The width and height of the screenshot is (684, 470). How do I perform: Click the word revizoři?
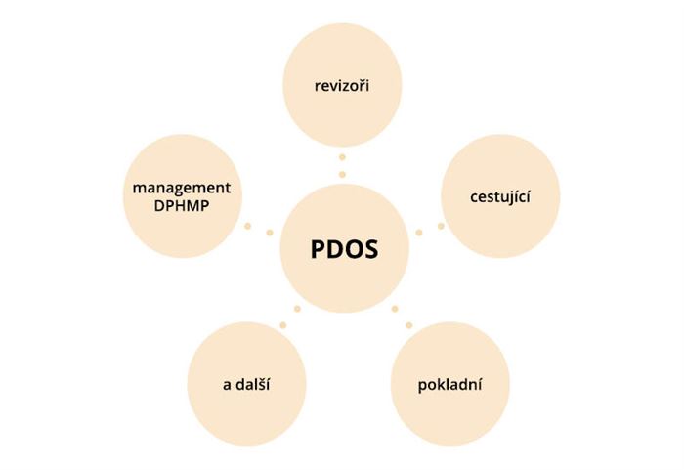pyautogui.click(x=342, y=86)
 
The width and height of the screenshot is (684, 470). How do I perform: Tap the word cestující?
pyautogui.click(x=500, y=196)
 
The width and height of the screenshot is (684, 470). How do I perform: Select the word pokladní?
pyautogui.click(x=449, y=385)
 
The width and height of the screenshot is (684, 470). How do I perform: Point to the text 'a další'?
pyautogui.click(x=246, y=384)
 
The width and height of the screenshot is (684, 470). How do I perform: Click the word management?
pyautogui.click(x=182, y=188)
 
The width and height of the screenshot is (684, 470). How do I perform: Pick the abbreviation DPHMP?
pyautogui.click(x=182, y=206)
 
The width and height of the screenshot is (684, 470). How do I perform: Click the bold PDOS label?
pyautogui.click(x=344, y=249)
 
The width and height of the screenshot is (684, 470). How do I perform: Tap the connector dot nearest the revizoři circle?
pyautogui.click(x=342, y=157)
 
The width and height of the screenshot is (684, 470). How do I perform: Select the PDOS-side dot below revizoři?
pyautogui.click(x=342, y=175)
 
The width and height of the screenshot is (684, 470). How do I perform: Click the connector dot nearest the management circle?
pyautogui.click(x=248, y=226)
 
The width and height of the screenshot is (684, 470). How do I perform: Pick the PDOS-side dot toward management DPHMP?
pyautogui.click(x=270, y=233)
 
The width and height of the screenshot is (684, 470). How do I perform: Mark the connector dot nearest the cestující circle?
pyautogui.click(x=441, y=226)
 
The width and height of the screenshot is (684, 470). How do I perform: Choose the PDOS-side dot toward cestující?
pyautogui.click(x=419, y=233)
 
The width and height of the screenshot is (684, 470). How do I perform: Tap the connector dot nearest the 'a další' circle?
pyautogui.click(x=283, y=325)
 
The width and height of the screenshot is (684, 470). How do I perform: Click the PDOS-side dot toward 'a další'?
pyautogui.click(x=297, y=309)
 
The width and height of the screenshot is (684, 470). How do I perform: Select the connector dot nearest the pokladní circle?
pyautogui.click(x=409, y=325)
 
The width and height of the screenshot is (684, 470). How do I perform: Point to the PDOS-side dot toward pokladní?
pyautogui.click(x=395, y=309)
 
